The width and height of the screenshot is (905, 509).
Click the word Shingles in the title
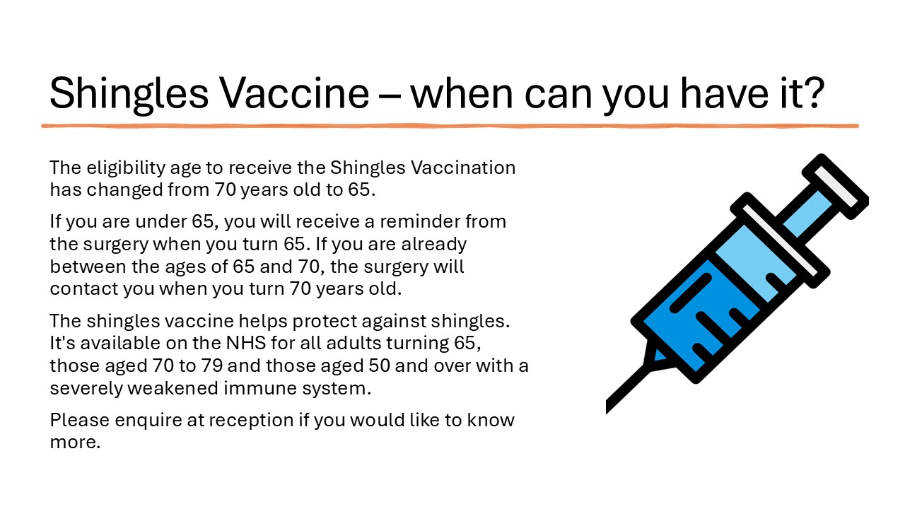129,94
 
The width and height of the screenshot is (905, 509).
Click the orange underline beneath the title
450,126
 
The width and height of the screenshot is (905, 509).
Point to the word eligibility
126,168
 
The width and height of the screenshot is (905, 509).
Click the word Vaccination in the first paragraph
463,168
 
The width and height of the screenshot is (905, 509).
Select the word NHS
246,343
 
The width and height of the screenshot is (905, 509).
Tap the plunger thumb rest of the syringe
836,187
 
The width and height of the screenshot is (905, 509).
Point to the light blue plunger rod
808,213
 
